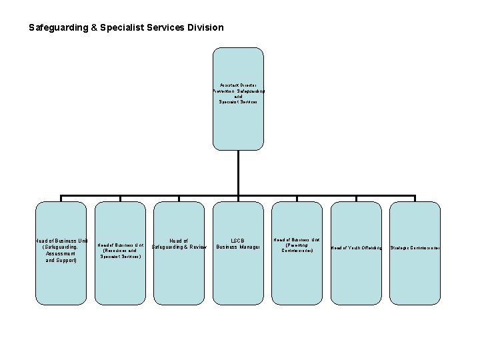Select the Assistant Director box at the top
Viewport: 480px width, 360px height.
[x=238, y=99]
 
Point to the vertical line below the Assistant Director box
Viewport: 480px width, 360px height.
[x=238, y=173]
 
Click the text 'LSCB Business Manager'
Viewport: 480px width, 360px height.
[x=238, y=244]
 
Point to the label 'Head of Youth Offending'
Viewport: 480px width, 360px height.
[x=357, y=248]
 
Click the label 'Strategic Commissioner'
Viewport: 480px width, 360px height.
[x=415, y=248]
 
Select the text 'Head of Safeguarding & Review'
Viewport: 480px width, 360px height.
[x=179, y=244]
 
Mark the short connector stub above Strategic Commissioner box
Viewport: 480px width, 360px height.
[x=415, y=199]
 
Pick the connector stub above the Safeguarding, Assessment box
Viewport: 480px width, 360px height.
[x=61, y=199]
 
